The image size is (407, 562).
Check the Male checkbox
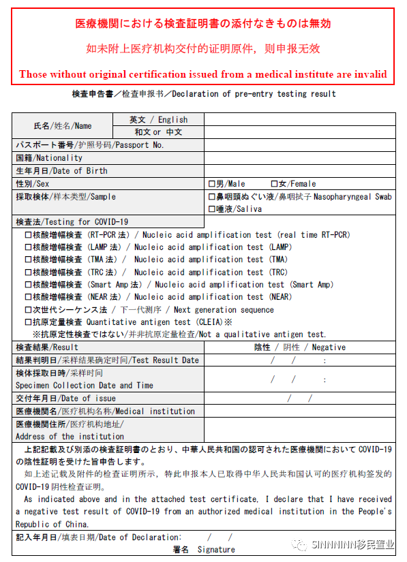point(211,184)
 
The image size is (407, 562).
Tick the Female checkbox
point(274,184)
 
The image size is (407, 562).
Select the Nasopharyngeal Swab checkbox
point(211,197)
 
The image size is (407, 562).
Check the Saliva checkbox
point(211,209)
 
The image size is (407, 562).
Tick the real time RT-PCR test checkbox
point(29,235)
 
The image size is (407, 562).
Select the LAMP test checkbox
point(29,247)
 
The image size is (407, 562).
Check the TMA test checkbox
point(29,260)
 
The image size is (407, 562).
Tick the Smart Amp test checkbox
point(29,285)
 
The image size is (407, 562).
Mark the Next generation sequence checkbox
point(29,310)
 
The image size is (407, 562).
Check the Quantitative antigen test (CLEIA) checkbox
point(29,322)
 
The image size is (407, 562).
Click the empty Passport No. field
point(299,145)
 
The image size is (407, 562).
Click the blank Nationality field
point(299,158)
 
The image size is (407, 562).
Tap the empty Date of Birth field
point(299,171)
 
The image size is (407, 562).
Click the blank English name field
point(299,120)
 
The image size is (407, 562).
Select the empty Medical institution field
point(299,411)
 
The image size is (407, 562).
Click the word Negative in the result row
point(329,347)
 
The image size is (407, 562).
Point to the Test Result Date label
point(166,360)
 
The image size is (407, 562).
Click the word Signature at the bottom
point(216,550)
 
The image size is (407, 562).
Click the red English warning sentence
point(203,74)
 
